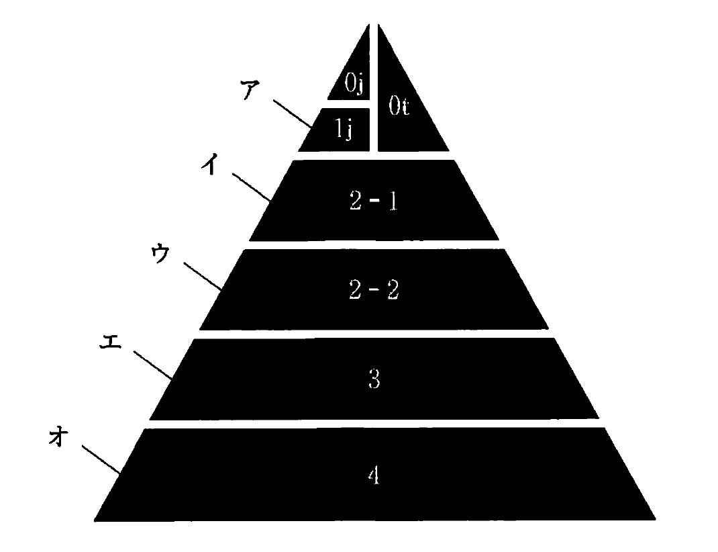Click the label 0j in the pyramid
click(x=354, y=83)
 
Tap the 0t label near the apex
click(x=399, y=106)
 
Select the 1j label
click(x=344, y=128)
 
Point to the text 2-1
click(x=374, y=201)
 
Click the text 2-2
click(x=374, y=289)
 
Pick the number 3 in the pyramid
click(x=374, y=379)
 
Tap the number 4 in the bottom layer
click(x=374, y=475)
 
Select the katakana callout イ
click(x=210, y=164)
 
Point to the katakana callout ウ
click(x=160, y=254)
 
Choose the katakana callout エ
click(x=110, y=341)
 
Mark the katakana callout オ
click(x=58, y=436)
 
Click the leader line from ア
click(x=293, y=113)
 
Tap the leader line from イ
click(x=252, y=187)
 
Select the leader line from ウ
click(x=203, y=277)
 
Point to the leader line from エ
click(x=153, y=365)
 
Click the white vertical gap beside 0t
click(x=374, y=87)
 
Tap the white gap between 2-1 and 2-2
click(x=374, y=244)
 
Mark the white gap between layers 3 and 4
click(x=374, y=424)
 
